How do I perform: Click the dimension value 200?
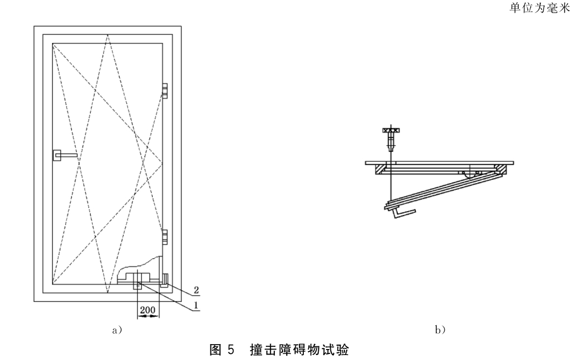pos(148,311)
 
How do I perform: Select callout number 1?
pos(197,305)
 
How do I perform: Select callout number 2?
pos(197,290)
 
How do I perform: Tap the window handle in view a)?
pos(65,156)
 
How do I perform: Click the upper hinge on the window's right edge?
pos(165,91)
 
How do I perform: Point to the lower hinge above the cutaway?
pos(165,237)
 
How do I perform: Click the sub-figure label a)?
pos(117,330)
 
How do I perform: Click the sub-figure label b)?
pos(440,330)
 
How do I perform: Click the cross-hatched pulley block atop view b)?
pos(391,130)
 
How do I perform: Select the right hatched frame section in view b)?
pos(501,170)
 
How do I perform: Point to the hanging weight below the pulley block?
pos(391,142)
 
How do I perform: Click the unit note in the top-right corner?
pos(540,8)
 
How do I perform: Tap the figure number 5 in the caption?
pos(230,350)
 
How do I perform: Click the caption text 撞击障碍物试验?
pos(299,350)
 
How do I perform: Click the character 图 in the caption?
pos(215,350)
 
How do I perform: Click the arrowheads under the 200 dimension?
pos(148,316)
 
